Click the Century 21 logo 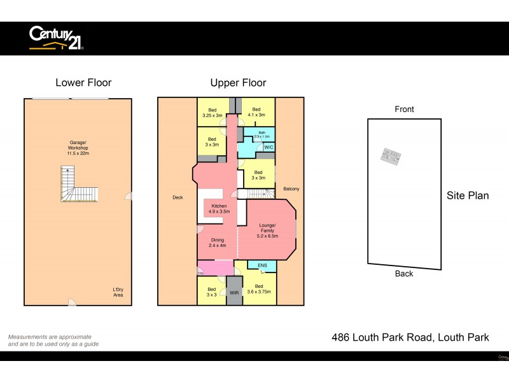pyautogui.click(x=57, y=38)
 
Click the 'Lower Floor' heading pyautogui.click(x=83, y=83)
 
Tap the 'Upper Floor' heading pyautogui.click(x=238, y=83)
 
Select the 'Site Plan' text pyautogui.click(x=468, y=195)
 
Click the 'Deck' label pyautogui.click(x=178, y=197)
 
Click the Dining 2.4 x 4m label pyautogui.click(x=218, y=243)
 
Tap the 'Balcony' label pyautogui.click(x=291, y=189)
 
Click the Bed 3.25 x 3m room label pyautogui.click(x=212, y=112)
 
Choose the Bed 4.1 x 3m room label pyautogui.click(x=256, y=112)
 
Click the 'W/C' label pyautogui.click(x=268, y=147)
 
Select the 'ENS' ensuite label pyautogui.click(x=262, y=266)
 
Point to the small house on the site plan pyautogui.click(x=390, y=157)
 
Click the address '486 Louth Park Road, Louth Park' pyautogui.click(x=410, y=337)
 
